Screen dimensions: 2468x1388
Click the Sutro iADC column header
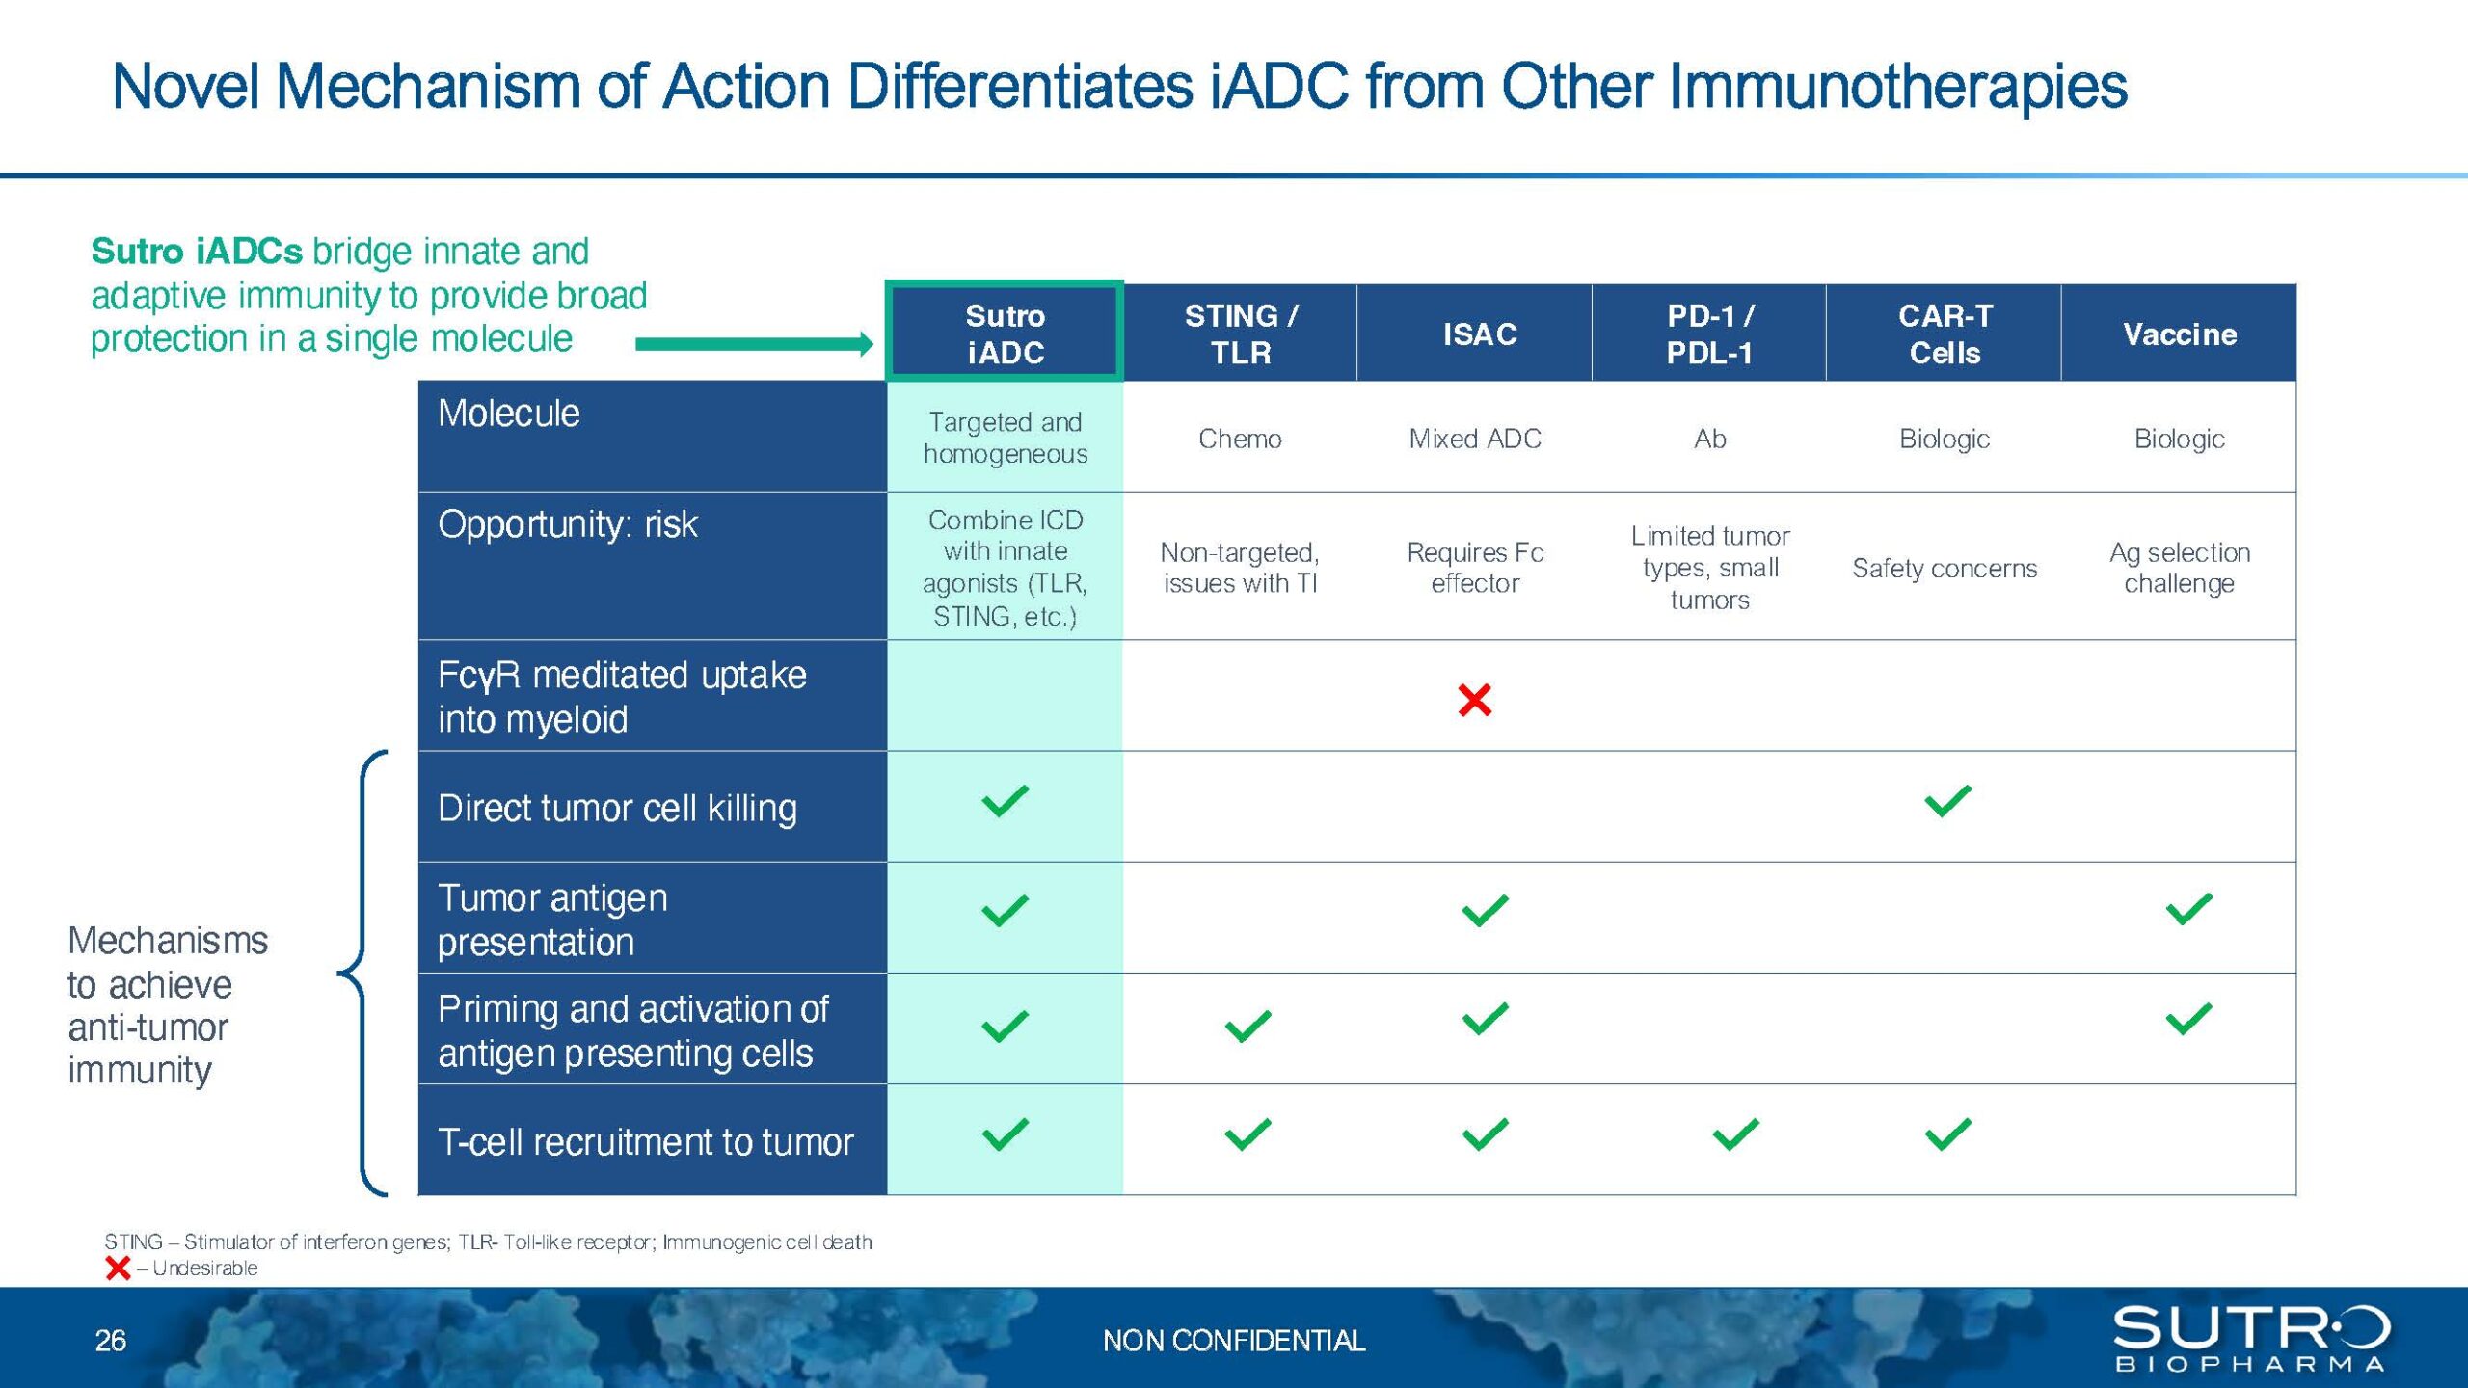coord(1005,333)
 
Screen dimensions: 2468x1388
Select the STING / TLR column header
coord(1241,334)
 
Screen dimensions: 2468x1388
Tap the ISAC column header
coord(1475,334)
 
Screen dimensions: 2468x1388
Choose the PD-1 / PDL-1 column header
coord(1709,334)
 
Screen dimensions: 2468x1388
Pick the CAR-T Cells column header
coord(1944,334)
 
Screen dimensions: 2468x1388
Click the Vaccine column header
coord(2179,334)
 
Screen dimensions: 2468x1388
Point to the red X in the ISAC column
coord(1475,700)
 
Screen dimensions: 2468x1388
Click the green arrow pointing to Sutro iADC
coord(754,344)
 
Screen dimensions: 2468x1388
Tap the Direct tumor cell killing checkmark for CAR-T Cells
coord(1947,801)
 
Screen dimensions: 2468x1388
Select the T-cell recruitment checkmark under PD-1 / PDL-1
coord(1735,1134)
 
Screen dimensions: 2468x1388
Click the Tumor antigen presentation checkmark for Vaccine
coord(2188,909)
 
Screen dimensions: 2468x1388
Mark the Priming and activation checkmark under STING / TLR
coord(1247,1026)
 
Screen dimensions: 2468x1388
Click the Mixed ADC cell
coord(1475,439)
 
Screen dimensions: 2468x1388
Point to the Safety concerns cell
coord(1945,569)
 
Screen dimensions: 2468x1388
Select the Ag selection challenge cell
coord(2179,568)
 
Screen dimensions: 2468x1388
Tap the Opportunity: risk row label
coord(567,524)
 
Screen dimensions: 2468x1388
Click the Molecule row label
coord(509,414)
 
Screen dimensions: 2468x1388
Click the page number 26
coord(110,1341)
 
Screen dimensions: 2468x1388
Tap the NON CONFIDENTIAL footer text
coord(1234,1341)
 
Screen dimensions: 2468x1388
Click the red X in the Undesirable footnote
coord(118,1268)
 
